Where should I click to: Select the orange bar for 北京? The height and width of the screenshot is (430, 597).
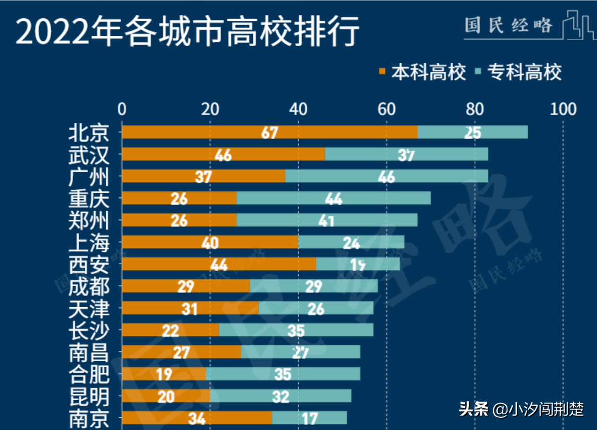click(269, 132)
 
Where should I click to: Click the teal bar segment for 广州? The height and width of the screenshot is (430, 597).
click(386, 176)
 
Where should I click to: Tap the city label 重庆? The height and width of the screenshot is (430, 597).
click(88, 199)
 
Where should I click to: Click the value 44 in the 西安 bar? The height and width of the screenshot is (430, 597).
click(219, 265)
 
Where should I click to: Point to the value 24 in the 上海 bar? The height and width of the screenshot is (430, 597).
click(352, 243)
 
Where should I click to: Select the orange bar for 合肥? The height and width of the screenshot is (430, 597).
click(163, 374)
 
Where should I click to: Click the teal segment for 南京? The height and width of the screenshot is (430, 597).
click(309, 418)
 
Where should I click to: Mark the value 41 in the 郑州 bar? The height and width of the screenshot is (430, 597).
click(326, 221)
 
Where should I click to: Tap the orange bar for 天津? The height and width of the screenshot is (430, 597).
click(190, 309)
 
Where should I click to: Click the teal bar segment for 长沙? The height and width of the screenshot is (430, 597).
click(296, 330)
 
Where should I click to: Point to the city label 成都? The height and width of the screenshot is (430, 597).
click(88, 287)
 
